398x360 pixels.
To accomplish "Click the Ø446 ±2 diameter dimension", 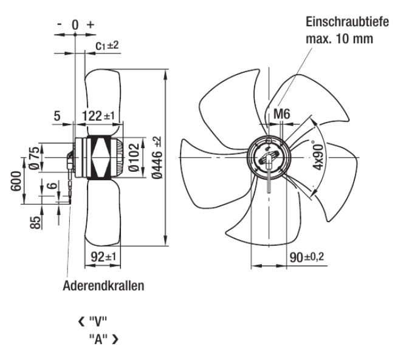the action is pyautogui.click(x=157, y=157).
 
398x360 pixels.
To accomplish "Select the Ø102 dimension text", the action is pyautogui.click(x=134, y=157).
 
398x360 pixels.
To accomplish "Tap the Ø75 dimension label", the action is pyautogui.click(x=35, y=158).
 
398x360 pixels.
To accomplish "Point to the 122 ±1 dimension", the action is pyautogui.click(x=98, y=116).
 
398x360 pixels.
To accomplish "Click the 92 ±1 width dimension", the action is pyautogui.click(x=103, y=257).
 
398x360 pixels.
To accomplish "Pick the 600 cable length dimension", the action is pyautogui.click(x=16, y=181).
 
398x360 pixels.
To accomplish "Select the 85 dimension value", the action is pyautogui.click(x=35, y=222).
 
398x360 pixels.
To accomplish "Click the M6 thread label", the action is pyautogui.click(x=281, y=114).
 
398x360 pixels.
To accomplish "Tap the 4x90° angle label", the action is pyautogui.click(x=318, y=155).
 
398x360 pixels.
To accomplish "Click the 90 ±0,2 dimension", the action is pyautogui.click(x=307, y=257).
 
